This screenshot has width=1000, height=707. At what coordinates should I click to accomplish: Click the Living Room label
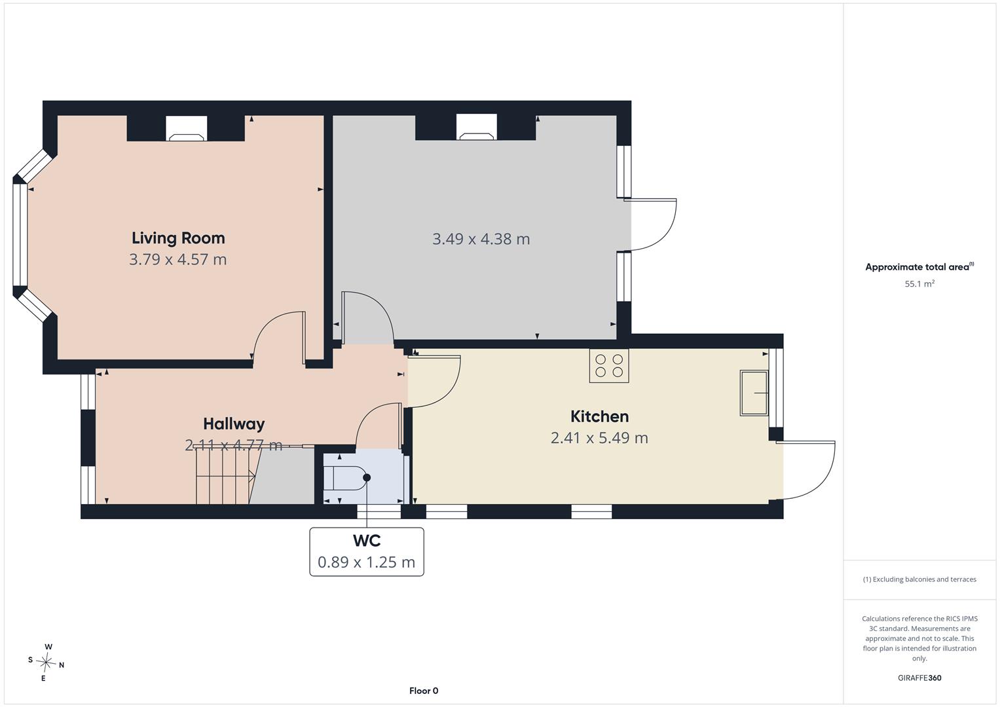pyautogui.click(x=178, y=238)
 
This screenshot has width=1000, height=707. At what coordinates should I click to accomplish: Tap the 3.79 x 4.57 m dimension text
pyautogui.click(x=178, y=259)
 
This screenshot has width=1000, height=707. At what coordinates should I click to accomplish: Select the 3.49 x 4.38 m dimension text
pyautogui.click(x=481, y=239)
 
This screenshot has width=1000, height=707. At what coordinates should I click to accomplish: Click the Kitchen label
pyautogui.click(x=600, y=416)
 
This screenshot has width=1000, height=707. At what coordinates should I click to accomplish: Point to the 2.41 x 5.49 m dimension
pyautogui.click(x=600, y=438)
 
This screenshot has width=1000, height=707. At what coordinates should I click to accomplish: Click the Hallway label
pyautogui.click(x=234, y=424)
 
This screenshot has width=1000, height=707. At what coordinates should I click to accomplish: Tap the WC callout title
pyautogui.click(x=367, y=541)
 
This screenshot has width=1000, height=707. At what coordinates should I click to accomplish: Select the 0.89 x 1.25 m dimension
pyautogui.click(x=367, y=562)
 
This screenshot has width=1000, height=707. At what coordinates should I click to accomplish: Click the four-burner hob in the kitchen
pyautogui.click(x=609, y=366)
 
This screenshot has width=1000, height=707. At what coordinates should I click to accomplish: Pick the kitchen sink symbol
pyautogui.click(x=754, y=393)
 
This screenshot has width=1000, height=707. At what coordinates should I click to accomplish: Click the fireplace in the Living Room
pyautogui.click(x=186, y=128)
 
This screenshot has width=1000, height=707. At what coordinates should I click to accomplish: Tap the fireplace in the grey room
pyautogui.click(x=476, y=127)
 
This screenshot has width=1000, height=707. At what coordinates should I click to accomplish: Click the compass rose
pyautogui.click(x=46, y=662)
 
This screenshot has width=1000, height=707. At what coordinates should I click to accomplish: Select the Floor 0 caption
pyautogui.click(x=424, y=691)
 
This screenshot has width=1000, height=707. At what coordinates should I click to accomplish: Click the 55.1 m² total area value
pyautogui.click(x=919, y=284)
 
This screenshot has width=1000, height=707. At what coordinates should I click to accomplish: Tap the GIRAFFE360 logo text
pyautogui.click(x=919, y=678)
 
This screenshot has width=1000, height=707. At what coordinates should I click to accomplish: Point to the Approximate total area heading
pyautogui.click(x=919, y=267)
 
